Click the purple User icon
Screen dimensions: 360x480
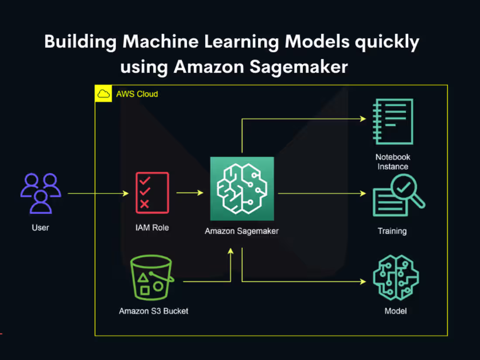tap(41, 193)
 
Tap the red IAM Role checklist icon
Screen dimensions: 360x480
tap(152, 192)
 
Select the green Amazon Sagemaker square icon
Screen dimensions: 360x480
tap(242, 189)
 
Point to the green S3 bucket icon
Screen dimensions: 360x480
tap(152, 278)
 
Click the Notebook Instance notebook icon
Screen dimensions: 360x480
tap(393, 121)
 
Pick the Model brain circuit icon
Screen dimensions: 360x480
tap(395, 278)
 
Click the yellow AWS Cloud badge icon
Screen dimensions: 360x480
tap(103, 93)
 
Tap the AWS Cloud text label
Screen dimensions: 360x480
tap(137, 94)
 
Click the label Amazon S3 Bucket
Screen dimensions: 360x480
tap(154, 311)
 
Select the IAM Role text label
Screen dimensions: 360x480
tap(152, 227)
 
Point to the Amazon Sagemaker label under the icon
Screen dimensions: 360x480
tap(242, 231)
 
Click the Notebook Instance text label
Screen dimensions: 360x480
tap(393, 161)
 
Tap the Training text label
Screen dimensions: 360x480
tap(392, 231)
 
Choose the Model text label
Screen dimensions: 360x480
tap(395, 311)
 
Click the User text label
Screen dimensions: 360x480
tap(40, 227)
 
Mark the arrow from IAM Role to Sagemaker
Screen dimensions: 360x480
tap(190, 192)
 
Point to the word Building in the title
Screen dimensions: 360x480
tap(81, 42)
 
